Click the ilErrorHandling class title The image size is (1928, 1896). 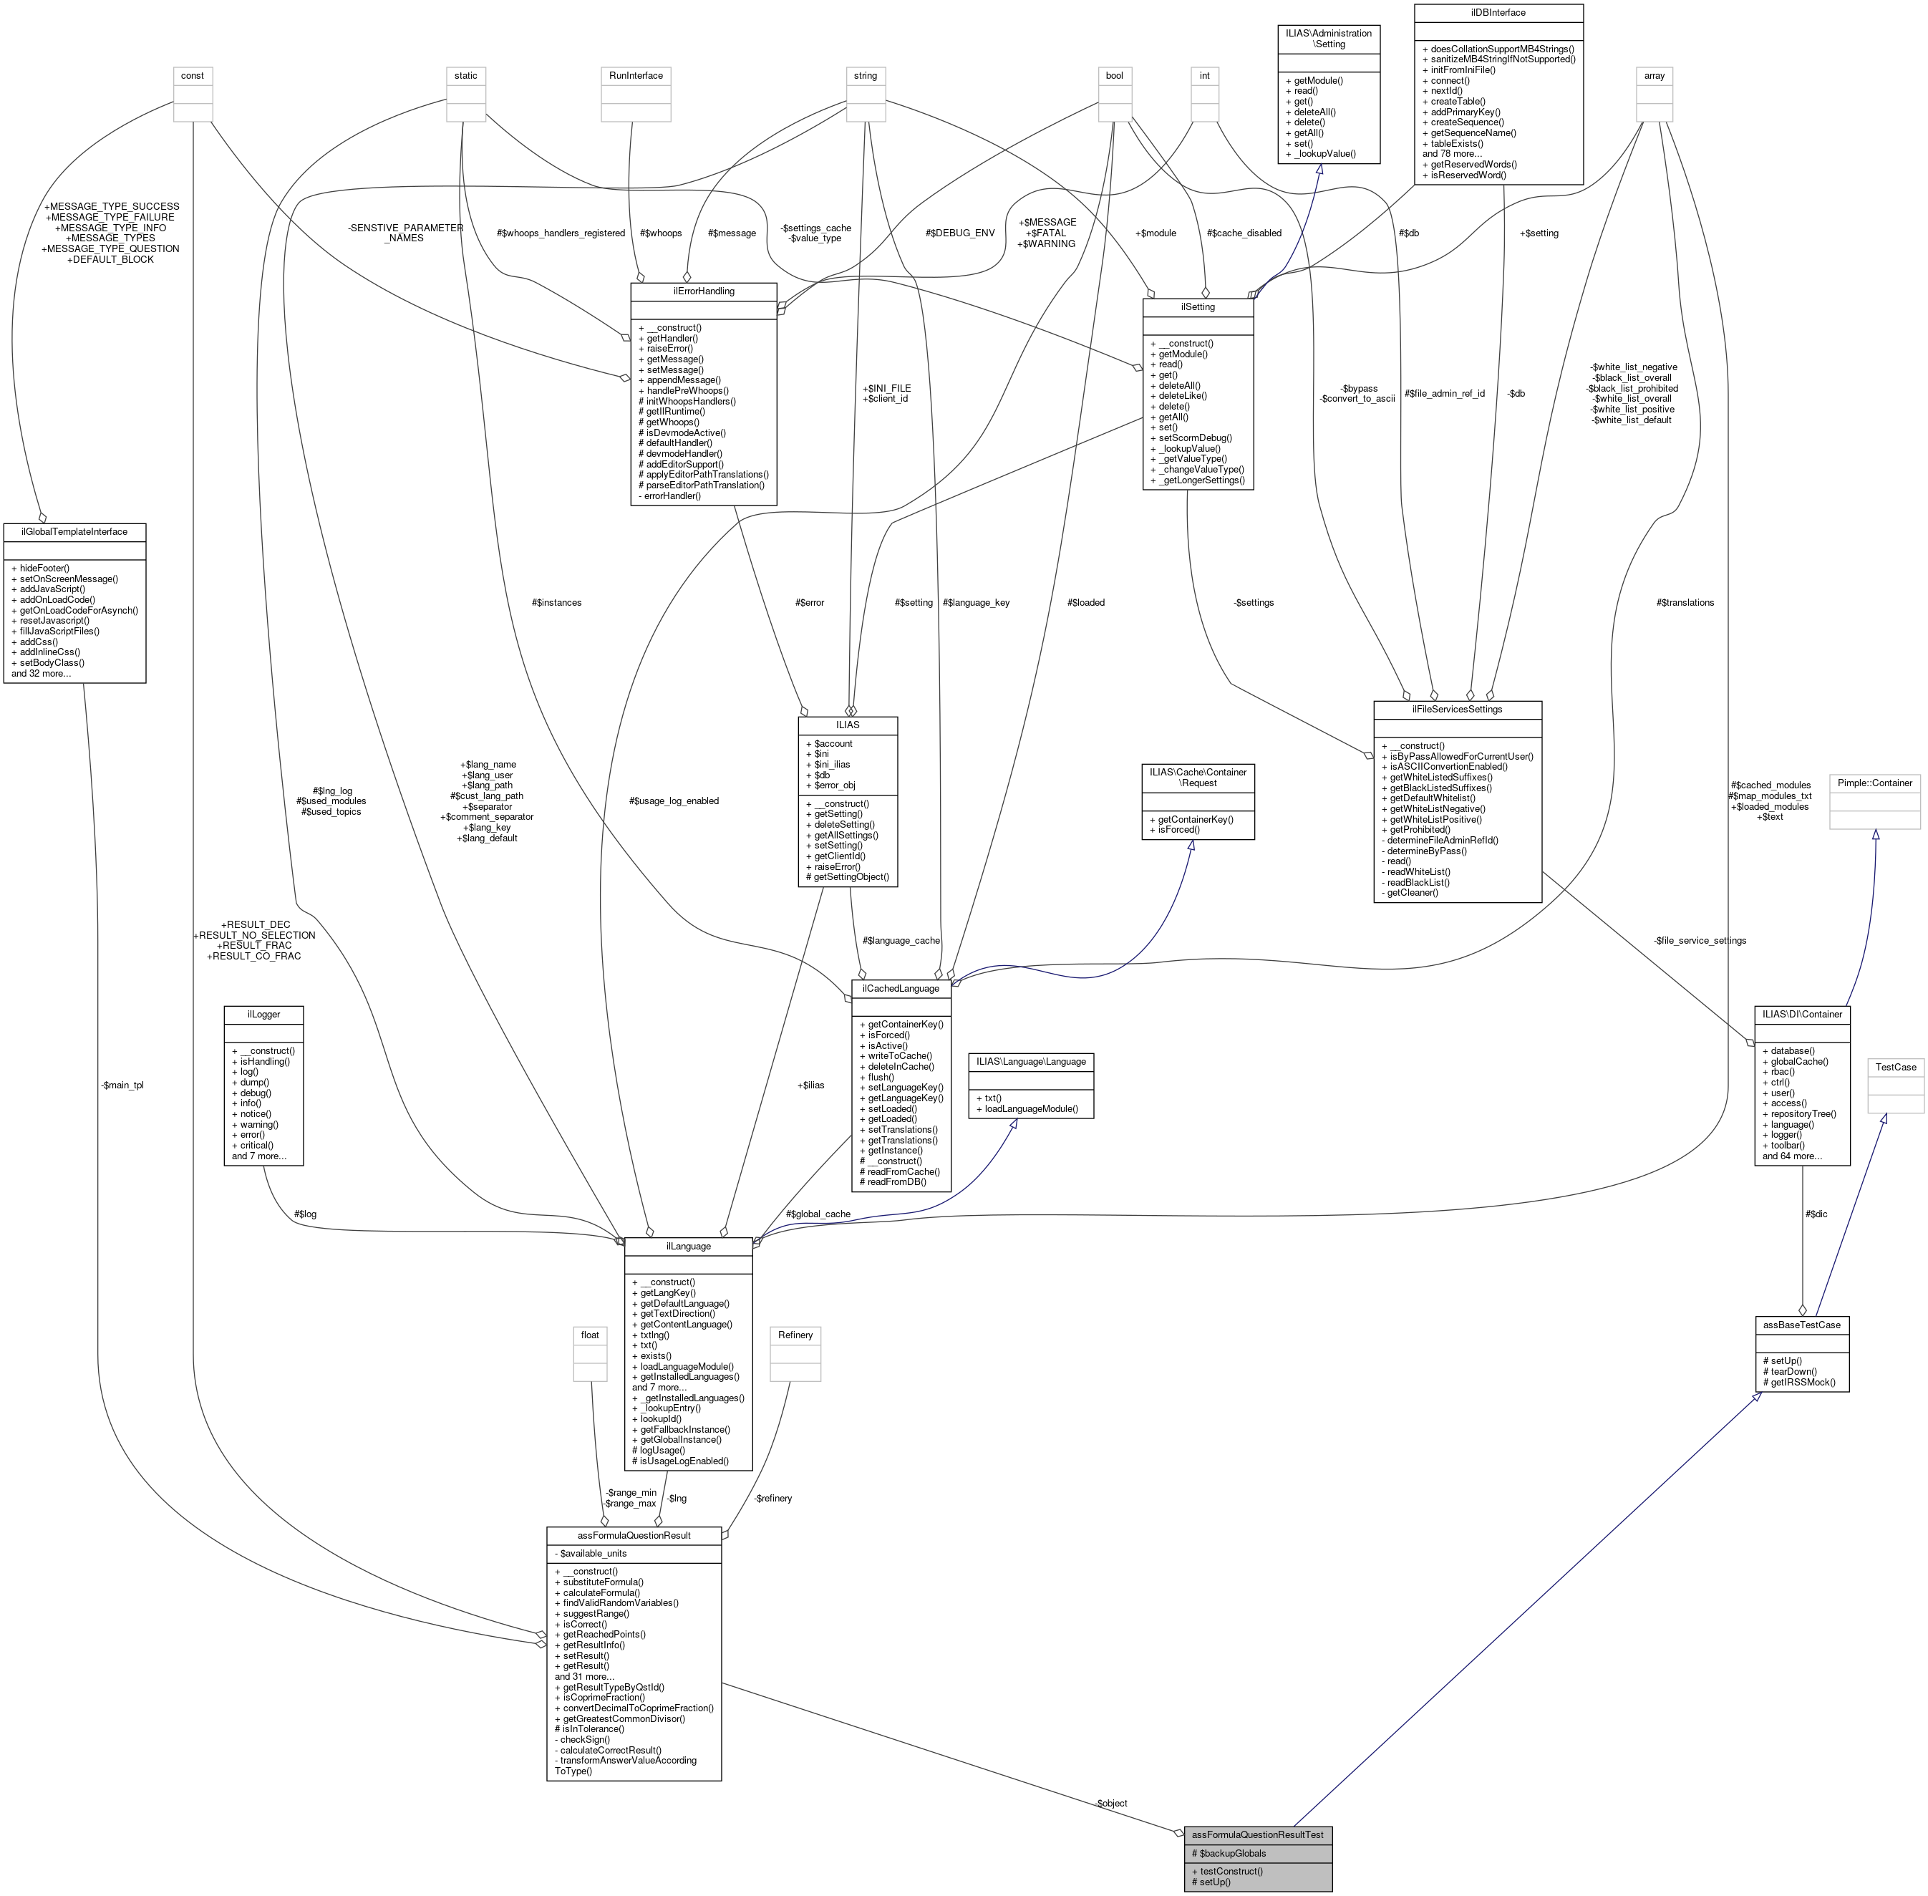point(703,291)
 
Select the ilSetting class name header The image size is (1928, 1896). point(1197,306)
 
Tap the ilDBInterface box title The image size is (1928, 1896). point(1498,13)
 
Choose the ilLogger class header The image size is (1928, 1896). point(264,1014)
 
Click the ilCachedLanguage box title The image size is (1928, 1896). point(901,988)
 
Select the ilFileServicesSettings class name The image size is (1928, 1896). point(1457,709)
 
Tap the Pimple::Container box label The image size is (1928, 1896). point(1874,783)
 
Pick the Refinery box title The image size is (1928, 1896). point(795,1335)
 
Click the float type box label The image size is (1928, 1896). point(589,1335)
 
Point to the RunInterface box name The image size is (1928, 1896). point(635,76)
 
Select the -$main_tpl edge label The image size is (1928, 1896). point(122,1085)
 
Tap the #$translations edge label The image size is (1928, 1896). point(1685,602)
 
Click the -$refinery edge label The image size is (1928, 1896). point(772,1498)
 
